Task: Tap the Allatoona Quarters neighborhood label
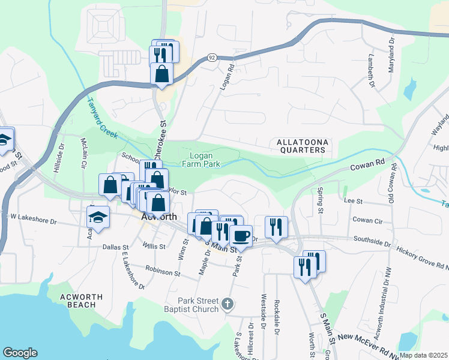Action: click(x=303, y=146)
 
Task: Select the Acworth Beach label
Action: click(x=82, y=301)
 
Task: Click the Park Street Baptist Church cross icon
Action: click(x=226, y=304)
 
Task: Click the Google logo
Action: click(x=20, y=353)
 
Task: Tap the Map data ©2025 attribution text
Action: click(x=423, y=355)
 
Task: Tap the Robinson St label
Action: click(x=162, y=271)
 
